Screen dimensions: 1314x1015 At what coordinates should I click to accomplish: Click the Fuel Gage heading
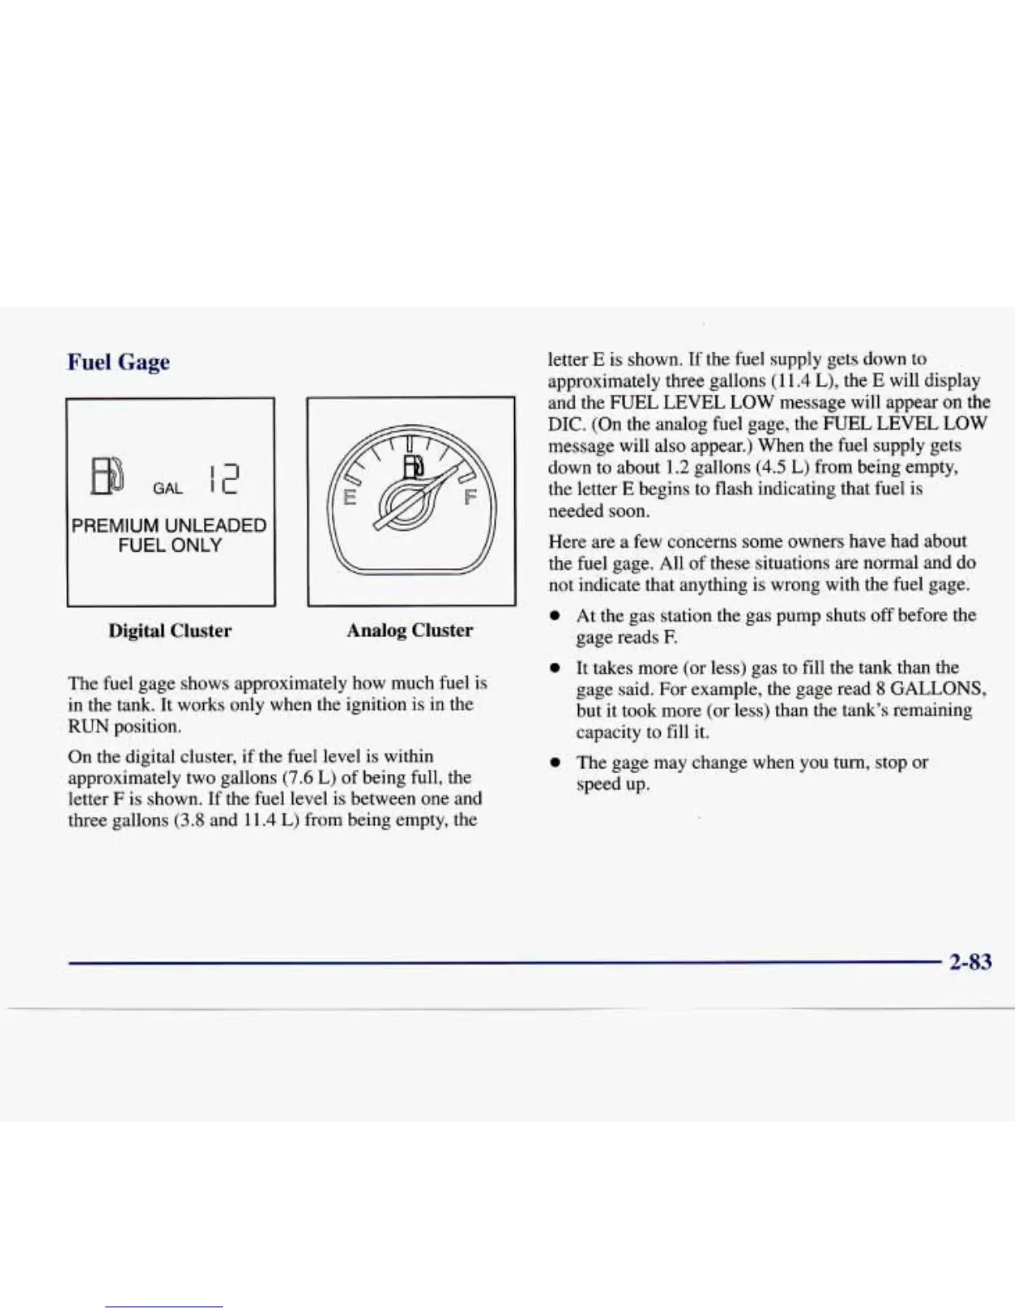(x=119, y=363)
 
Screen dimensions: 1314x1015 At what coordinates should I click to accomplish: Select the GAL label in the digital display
(x=168, y=489)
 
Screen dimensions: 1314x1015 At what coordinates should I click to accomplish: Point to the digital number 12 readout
(x=221, y=479)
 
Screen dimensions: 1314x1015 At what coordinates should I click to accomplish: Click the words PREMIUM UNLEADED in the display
(x=169, y=525)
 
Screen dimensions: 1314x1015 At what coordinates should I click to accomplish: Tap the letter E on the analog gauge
(x=350, y=499)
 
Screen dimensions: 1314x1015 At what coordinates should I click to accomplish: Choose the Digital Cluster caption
(x=170, y=630)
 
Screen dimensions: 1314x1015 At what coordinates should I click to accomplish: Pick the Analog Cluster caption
(x=410, y=630)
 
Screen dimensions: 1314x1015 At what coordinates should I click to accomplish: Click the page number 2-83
(x=969, y=961)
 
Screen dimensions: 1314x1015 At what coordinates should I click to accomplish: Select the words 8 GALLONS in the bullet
(x=930, y=689)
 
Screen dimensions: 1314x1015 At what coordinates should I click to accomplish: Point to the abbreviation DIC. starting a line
(x=566, y=425)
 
